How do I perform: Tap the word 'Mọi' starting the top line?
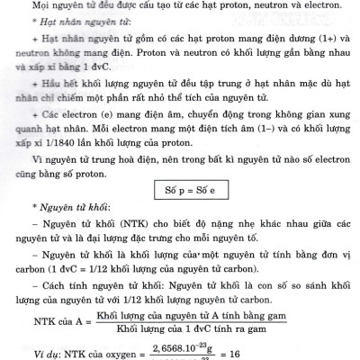(x=42, y=8)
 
